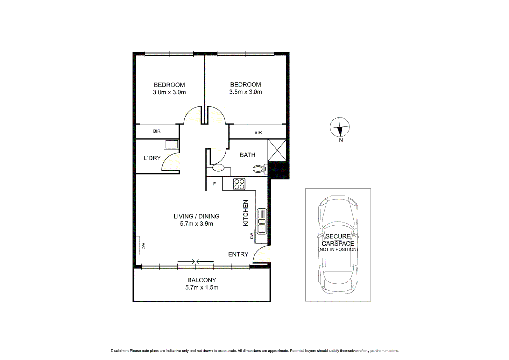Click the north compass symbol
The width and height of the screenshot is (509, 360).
point(339,127)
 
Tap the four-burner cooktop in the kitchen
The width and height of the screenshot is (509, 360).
point(239,184)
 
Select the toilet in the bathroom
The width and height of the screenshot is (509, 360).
point(259,169)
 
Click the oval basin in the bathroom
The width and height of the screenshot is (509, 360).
point(218,168)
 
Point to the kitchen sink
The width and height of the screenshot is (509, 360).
point(262,221)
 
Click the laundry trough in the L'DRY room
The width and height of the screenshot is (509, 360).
point(171,145)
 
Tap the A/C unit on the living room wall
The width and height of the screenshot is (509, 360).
point(138,246)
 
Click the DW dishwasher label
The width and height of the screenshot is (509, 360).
point(252,236)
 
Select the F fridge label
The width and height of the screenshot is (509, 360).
point(214,184)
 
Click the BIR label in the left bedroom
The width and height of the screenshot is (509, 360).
point(157,131)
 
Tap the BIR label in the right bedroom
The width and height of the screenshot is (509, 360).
point(258,132)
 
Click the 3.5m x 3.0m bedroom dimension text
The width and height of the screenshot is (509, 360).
point(246,92)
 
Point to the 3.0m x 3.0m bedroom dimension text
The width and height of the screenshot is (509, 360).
point(169,92)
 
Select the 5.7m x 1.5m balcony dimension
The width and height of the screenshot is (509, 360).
point(202,288)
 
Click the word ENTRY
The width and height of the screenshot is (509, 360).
point(238,254)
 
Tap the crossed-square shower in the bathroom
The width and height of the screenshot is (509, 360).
point(277,150)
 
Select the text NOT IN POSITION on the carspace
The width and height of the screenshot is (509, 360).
point(338,249)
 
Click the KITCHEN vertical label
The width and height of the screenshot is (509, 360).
point(246,213)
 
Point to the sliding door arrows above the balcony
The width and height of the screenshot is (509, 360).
point(196,261)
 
